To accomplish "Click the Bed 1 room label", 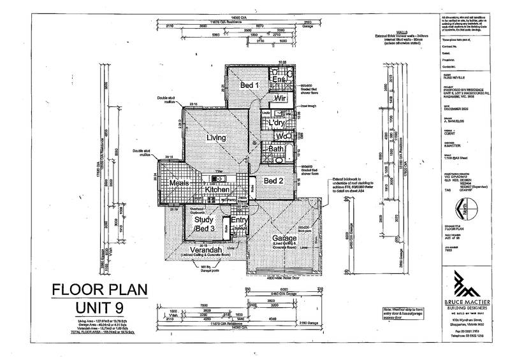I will (x=249, y=85).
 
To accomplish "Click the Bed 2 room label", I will (x=274, y=182).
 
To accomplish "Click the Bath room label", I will (x=276, y=149).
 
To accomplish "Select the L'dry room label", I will (x=275, y=123).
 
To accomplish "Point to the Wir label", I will (x=279, y=99).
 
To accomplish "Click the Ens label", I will (x=279, y=79).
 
